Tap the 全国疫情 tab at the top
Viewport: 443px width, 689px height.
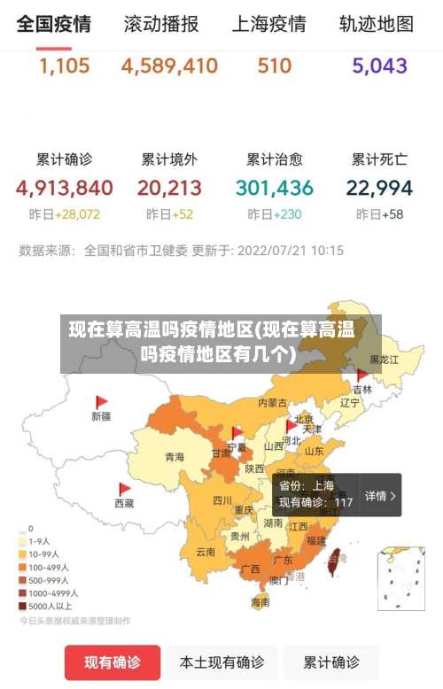[53, 24]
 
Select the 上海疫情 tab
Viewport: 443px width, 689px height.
[268, 24]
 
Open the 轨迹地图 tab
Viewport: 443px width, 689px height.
[376, 24]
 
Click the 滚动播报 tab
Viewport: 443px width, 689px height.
[161, 24]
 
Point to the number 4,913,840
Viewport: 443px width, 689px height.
[64, 188]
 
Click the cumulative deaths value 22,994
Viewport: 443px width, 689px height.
[379, 188]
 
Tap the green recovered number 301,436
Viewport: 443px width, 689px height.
[275, 188]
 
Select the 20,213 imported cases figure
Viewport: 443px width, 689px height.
[169, 188]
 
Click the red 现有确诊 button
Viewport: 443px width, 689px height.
[113, 662]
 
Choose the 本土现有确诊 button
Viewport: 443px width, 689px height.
[221, 662]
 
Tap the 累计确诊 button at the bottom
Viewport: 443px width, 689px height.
[331, 662]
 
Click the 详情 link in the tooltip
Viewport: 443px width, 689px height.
[380, 496]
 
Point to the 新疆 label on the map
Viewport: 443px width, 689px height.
[101, 415]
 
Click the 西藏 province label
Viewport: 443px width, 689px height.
[124, 503]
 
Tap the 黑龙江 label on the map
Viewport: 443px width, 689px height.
[384, 360]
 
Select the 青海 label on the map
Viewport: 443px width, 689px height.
[175, 457]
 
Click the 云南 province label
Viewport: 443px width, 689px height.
[206, 552]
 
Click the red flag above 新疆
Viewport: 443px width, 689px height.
[102, 401]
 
